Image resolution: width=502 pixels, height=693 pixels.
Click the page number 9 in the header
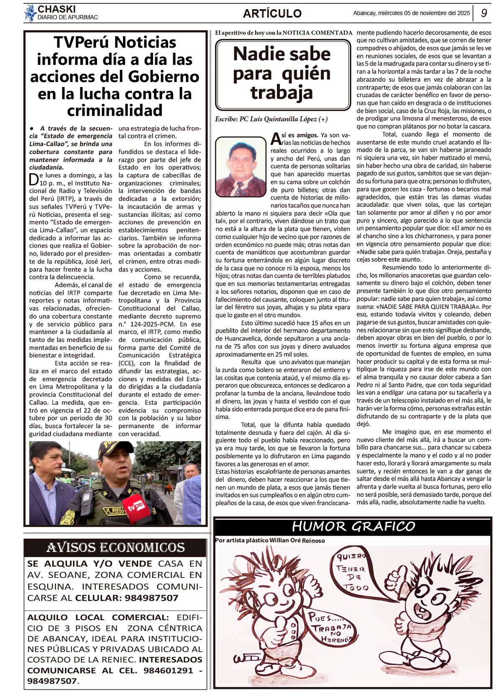pyautogui.click(x=484, y=13)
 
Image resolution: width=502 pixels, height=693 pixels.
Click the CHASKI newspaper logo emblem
pyautogui.click(x=30, y=13)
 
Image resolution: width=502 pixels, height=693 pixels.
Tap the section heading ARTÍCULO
pyautogui.click(x=272, y=13)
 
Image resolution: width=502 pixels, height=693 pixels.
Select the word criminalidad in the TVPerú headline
pyautogui.click(x=115, y=110)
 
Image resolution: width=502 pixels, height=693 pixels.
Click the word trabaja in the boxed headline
pyautogui.click(x=282, y=92)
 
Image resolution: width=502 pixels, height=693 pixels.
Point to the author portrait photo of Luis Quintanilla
pyautogui.click(x=241, y=167)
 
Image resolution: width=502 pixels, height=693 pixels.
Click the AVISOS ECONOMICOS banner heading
pyautogui.click(x=115, y=547)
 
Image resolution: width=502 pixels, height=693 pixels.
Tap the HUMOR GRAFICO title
pyautogui.click(x=353, y=526)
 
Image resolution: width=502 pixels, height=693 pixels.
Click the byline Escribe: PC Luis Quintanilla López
pyautogui.click(x=271, y=119)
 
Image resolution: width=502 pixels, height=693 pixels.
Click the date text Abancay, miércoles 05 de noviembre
pyautogui.click(x=411, y=13)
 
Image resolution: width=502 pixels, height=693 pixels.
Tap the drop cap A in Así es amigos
pyautogui.click(x=275, y=138)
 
